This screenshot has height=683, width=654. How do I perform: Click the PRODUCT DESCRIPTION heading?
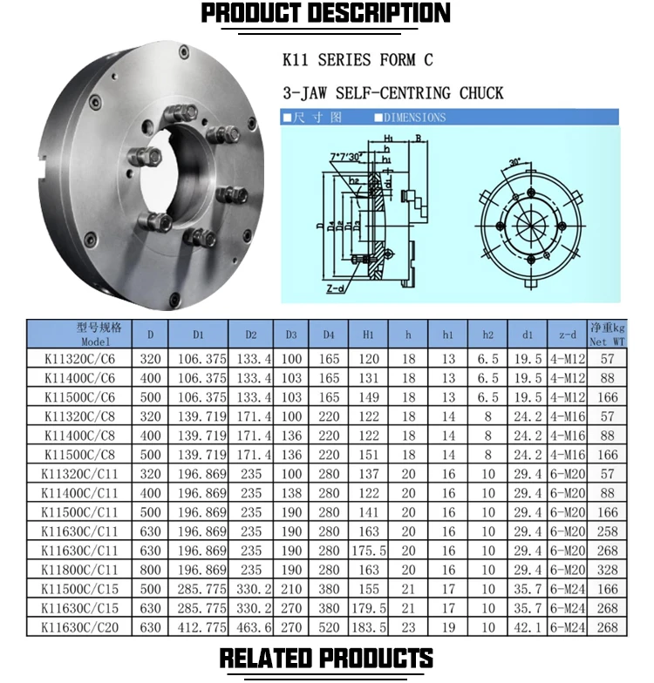pos(326,15)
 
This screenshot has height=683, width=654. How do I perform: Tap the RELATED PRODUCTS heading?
pos(326,658)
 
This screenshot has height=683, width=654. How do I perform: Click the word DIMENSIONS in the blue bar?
pos(414,118)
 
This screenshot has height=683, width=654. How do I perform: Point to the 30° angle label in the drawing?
pos(515,163)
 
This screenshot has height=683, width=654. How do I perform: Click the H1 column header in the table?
pos(367,335)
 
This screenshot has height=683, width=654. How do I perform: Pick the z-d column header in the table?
pos(567,335)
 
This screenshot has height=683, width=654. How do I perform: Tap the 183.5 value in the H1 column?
pos(367,627)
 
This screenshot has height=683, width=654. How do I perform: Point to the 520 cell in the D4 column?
pos(329,627)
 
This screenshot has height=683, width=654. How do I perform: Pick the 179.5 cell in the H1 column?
pos(367,608)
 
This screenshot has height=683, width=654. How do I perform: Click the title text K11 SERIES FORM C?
pos(358,60)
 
